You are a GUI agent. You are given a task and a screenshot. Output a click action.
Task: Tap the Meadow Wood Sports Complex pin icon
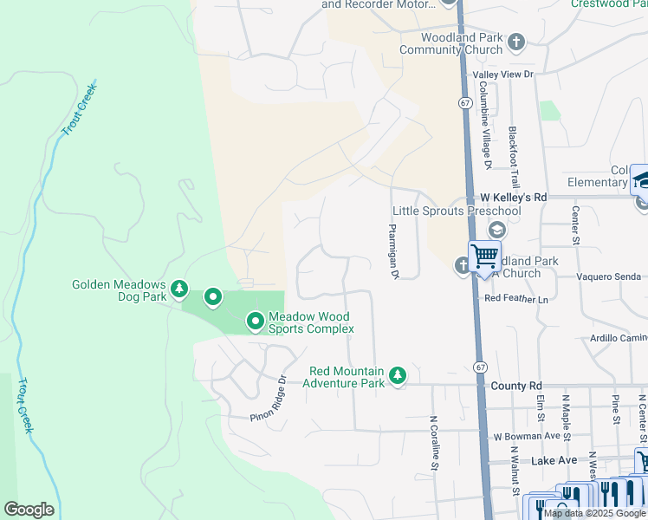[x=255, y=322]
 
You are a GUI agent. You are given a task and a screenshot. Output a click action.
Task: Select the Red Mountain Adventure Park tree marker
[x=397, y=375]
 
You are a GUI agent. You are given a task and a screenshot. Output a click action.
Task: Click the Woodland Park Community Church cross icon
[x=516, y=42]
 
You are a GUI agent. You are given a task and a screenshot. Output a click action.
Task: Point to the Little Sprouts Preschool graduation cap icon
[x=497, y=230]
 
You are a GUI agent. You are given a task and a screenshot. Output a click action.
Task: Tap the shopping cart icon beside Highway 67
[x=484, y=256]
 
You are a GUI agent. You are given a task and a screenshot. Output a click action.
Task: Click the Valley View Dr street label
[x=502, y=75]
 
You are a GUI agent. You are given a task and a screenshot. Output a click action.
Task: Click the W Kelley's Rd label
[x=511, y=197]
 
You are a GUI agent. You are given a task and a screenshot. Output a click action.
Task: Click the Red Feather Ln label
[x=517, y=298]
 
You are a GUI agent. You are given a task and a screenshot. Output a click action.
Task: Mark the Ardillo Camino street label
[x=619, y=337]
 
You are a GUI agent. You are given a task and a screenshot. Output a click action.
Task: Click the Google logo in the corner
[x=29, y=510]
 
